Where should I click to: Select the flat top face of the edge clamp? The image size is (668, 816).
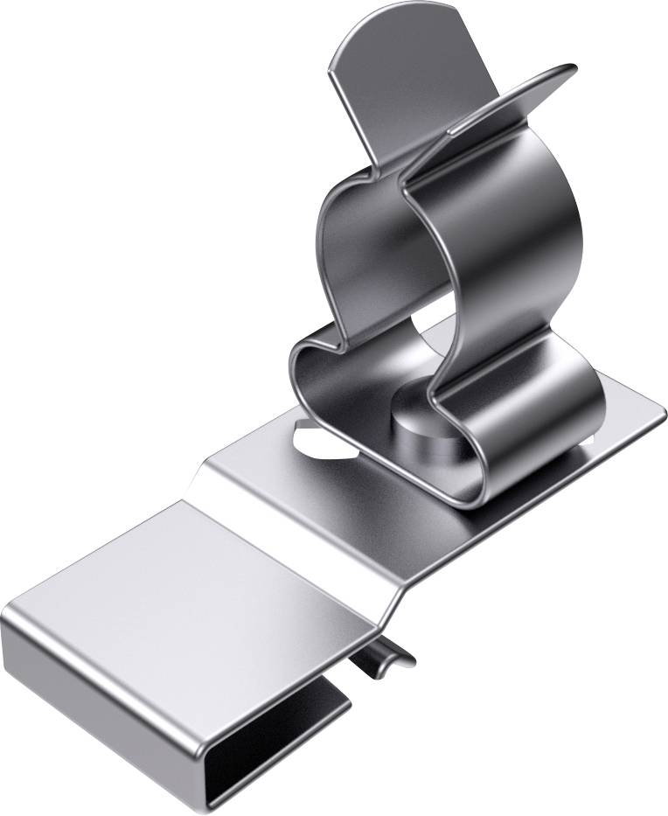[192, 595]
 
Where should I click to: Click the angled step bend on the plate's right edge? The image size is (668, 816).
[398, 595]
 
